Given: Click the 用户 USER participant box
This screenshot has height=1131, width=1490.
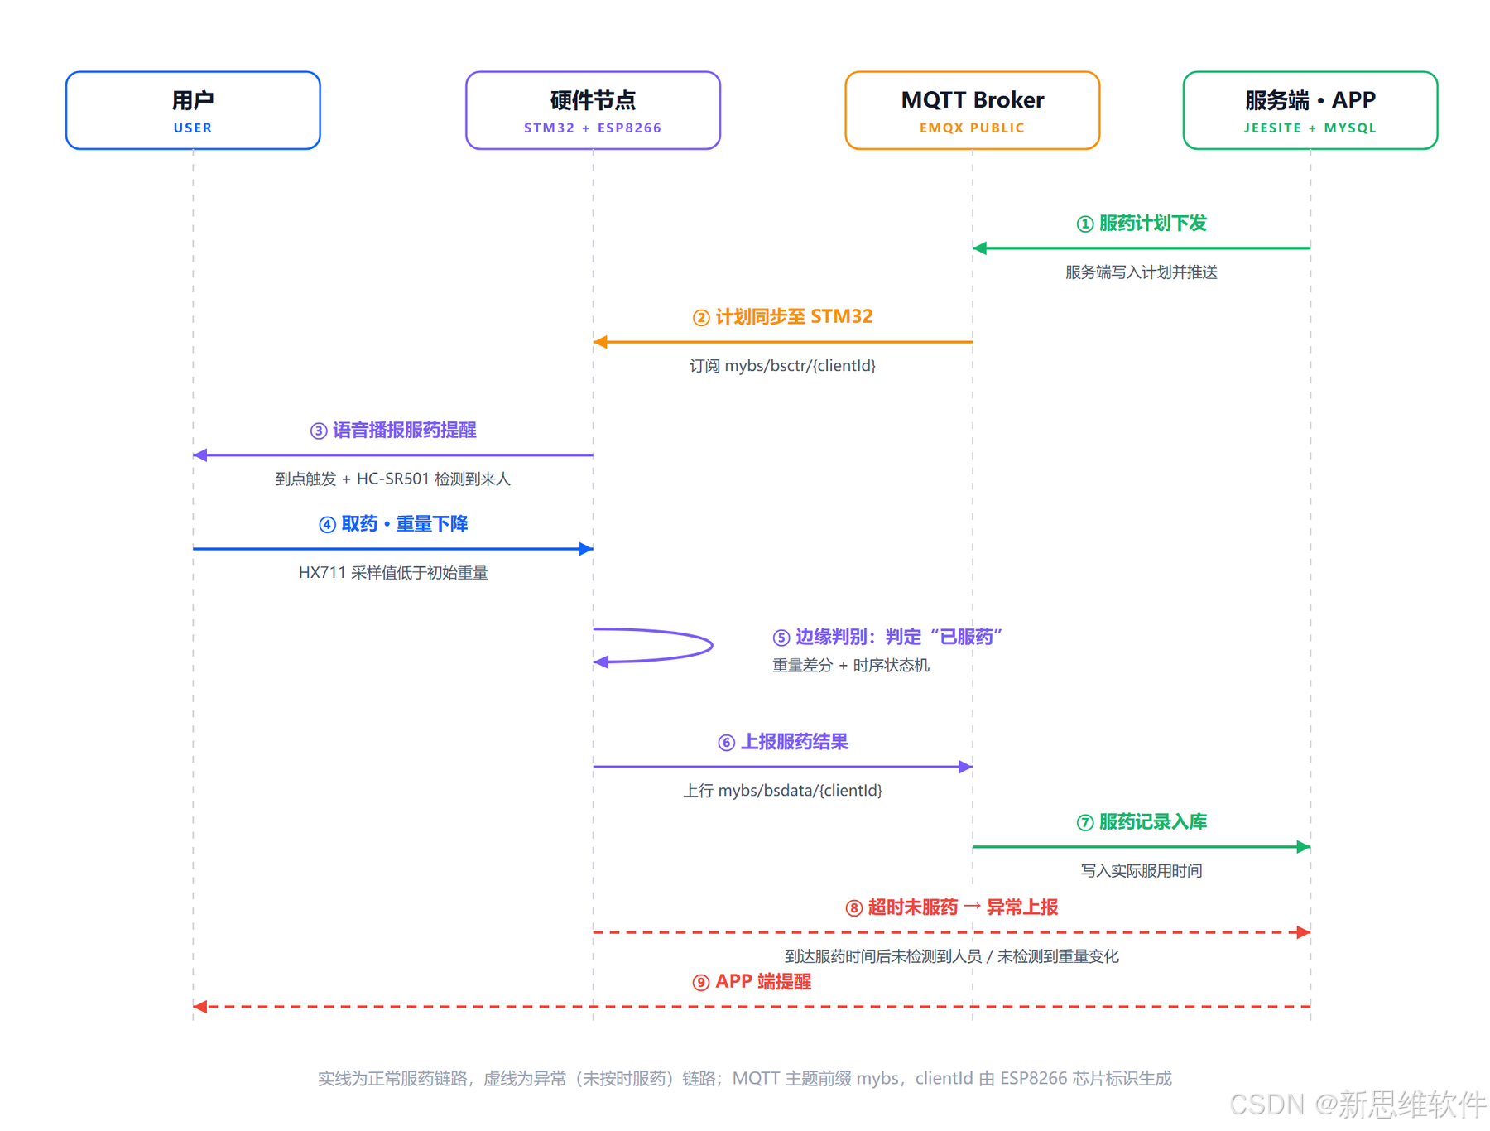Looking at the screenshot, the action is [x=193, y=110].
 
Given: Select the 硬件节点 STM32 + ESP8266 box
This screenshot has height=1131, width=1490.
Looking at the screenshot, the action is [x=593, y=110].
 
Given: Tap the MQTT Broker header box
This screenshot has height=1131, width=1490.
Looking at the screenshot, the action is [x=973, y=110].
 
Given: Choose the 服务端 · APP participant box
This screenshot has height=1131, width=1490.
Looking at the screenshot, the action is [x=1310, y=110].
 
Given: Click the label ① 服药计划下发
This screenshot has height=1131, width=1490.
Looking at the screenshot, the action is [x=1142, y=224].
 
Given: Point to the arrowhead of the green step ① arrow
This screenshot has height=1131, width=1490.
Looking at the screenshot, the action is [x=979, y=248].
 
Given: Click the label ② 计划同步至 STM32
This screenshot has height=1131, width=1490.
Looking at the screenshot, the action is [x=783, y=317].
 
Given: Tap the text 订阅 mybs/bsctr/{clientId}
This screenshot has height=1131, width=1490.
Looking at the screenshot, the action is [x=783, y=365].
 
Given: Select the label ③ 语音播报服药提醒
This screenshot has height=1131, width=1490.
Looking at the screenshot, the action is [x=393, y=431].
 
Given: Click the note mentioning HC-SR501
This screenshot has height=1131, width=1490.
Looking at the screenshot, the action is [x=393, y=479].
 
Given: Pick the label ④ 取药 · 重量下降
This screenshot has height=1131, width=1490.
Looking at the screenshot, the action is [x=393, y=524].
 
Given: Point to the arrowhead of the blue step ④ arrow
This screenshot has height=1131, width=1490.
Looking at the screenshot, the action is [x=587, y=548].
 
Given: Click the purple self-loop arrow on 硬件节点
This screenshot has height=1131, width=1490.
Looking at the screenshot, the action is [x=712, y=645].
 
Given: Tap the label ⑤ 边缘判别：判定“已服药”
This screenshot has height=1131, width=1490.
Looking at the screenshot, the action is [x=887, y=637].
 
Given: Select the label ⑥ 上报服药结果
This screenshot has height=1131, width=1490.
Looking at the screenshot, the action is [x=783, y=742].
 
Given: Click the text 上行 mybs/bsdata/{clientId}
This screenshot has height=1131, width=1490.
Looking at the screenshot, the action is [x=783, y=791].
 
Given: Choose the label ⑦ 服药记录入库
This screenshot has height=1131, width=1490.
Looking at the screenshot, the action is [x=1142, y=822].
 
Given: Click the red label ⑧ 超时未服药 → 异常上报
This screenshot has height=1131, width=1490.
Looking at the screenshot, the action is [x=952, y=907].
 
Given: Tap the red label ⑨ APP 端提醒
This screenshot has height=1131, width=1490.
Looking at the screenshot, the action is [x=752, y=982].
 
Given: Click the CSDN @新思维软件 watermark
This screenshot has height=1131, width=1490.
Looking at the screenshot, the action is [x=1358, y=1105].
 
